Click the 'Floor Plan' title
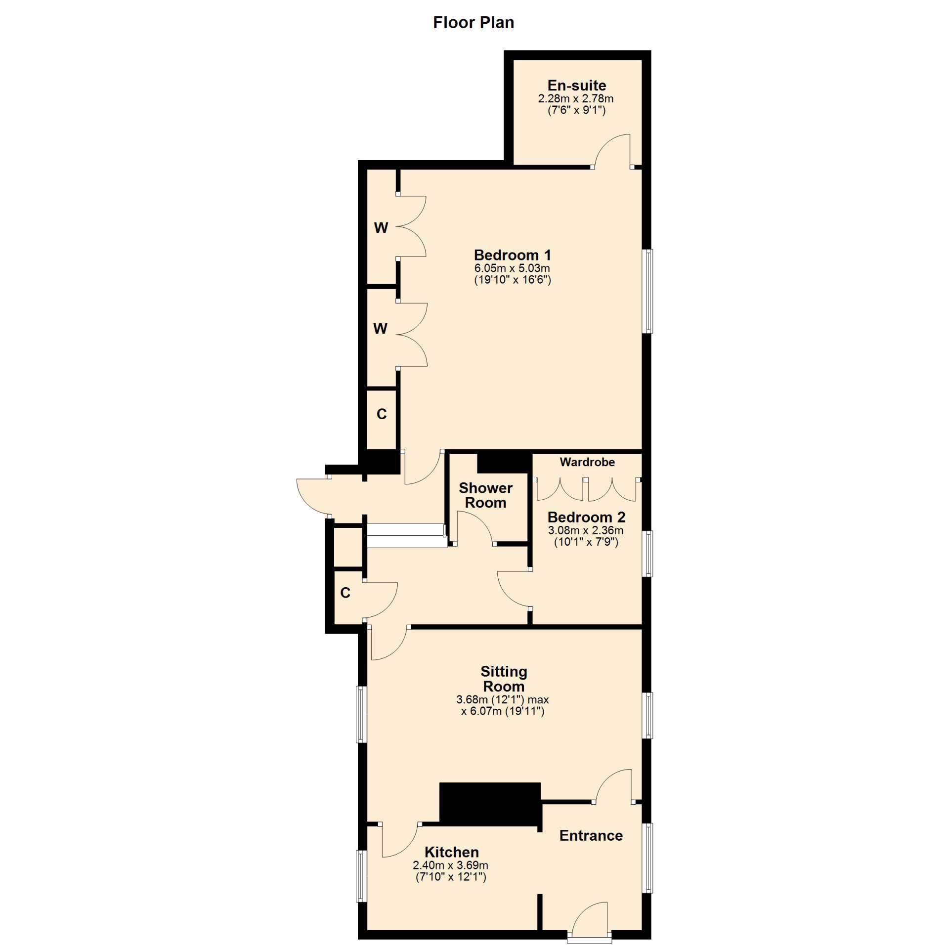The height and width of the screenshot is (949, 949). point(474,23)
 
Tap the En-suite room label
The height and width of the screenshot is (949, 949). point(576,85)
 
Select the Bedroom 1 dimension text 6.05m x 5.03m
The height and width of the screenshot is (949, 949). point(512,268)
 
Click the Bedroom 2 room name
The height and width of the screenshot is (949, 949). point(586,518)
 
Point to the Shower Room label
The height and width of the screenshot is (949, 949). point(485,495)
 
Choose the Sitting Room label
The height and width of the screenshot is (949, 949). point(504,679)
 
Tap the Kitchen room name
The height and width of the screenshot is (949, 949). point(451,852)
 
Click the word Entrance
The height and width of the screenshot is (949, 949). point(591,835)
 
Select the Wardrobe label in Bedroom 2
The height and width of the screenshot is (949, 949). point(587,462)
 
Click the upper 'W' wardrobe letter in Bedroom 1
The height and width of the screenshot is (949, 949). point(381,228)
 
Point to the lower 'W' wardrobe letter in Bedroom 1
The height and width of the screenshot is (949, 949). point(380,329)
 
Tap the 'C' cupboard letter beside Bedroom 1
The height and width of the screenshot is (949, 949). point(382,414)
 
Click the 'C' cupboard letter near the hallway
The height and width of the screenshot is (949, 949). point(345,593)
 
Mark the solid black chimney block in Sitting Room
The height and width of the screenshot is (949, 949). point(490,804)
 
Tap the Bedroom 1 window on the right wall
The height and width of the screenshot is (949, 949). point(647,291)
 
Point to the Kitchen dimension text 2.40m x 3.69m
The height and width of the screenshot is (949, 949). point(450,865)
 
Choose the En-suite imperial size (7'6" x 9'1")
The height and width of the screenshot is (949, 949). point(576,110)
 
